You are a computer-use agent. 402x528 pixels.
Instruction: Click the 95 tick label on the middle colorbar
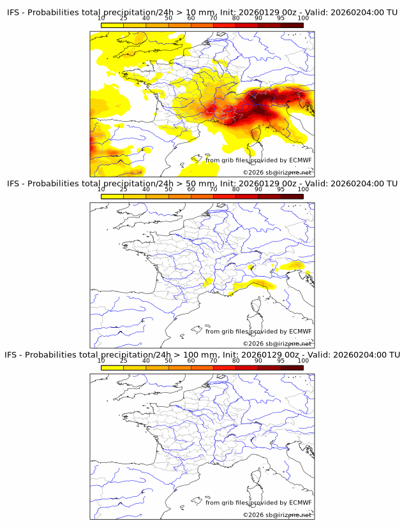coord(281,189)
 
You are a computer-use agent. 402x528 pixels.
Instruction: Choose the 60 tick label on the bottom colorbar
coord(191,360)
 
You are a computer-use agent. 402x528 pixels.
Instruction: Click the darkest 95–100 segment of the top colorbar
coord(292,26)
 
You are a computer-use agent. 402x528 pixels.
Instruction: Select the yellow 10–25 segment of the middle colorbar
coord(112,196)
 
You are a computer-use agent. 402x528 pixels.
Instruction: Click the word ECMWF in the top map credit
coord(300,160)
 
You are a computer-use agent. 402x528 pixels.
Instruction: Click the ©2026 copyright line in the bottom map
coord(277,515)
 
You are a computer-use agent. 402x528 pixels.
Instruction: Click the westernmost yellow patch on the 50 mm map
coord(208,281)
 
